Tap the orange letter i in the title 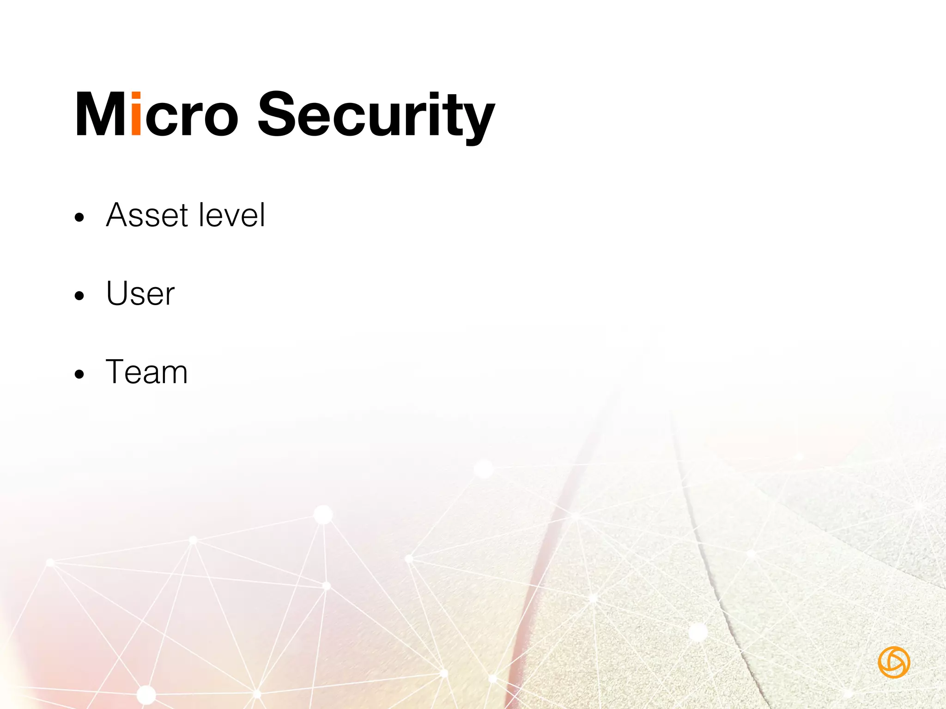(136, 114)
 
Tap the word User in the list (140, 294)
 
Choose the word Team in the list (147, 372)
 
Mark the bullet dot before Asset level (79, 217)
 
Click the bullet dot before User (79, 296)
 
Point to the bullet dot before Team (79, 374)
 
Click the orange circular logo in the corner (894, 662)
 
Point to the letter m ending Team (174, 375)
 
